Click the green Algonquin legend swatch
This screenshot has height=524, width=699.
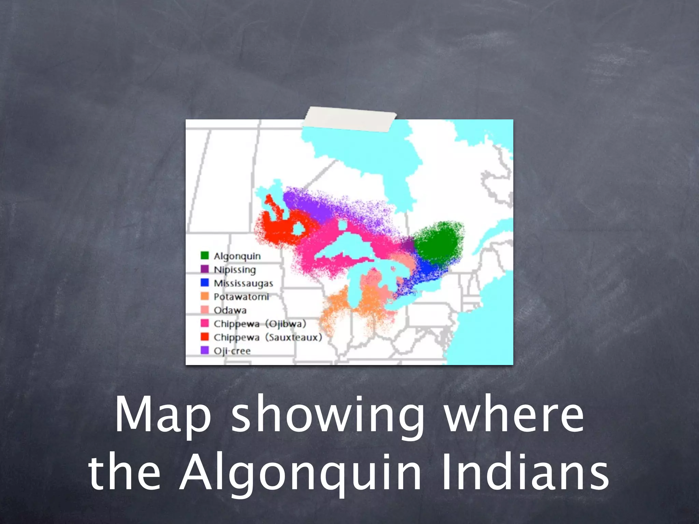pos(204,256)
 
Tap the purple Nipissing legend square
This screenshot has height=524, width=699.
pos(204,269)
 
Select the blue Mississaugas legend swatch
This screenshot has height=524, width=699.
pos(204,282)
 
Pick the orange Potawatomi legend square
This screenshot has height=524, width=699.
pos(204,296)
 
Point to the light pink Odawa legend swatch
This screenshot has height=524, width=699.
pos(204,310)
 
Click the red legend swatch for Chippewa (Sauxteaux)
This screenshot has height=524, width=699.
pos(204,337)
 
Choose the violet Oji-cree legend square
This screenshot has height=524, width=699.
pos(204,350)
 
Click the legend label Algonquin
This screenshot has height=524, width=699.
pos(237,256)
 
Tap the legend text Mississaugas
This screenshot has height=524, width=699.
pos(243,283)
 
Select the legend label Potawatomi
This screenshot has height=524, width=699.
pos(241,297)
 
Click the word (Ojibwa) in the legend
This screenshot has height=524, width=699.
pos(286,324)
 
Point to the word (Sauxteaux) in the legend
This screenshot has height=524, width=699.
pos(294,337)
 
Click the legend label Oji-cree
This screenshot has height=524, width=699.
pos(232,351)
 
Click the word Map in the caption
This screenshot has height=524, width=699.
pos(163,415)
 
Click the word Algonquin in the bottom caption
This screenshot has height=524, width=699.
pos(300,474)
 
